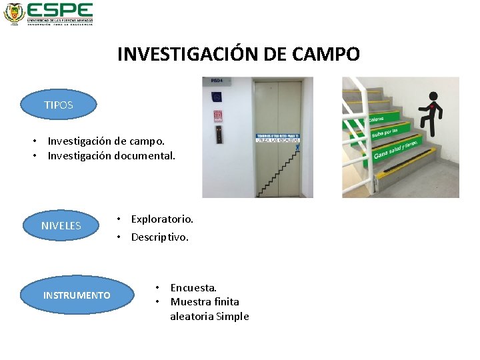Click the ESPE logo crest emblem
tap(13, 13)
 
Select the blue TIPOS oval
tap(59, 105)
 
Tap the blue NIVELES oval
tap(61, 225)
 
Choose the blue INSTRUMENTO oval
tap(77, 295)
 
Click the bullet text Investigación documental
tap(111, 156)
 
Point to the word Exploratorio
tap(162, 219)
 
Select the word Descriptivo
tap(160, 237)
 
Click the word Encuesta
tap(193, 287)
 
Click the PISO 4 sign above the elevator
tap(217, 81)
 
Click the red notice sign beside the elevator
tap(217, 115)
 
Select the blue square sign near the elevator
tap(217, 97)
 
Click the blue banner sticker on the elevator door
tap(278, 138)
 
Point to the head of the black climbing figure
tap(433, 96)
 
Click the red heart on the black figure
tap(433, 107)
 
